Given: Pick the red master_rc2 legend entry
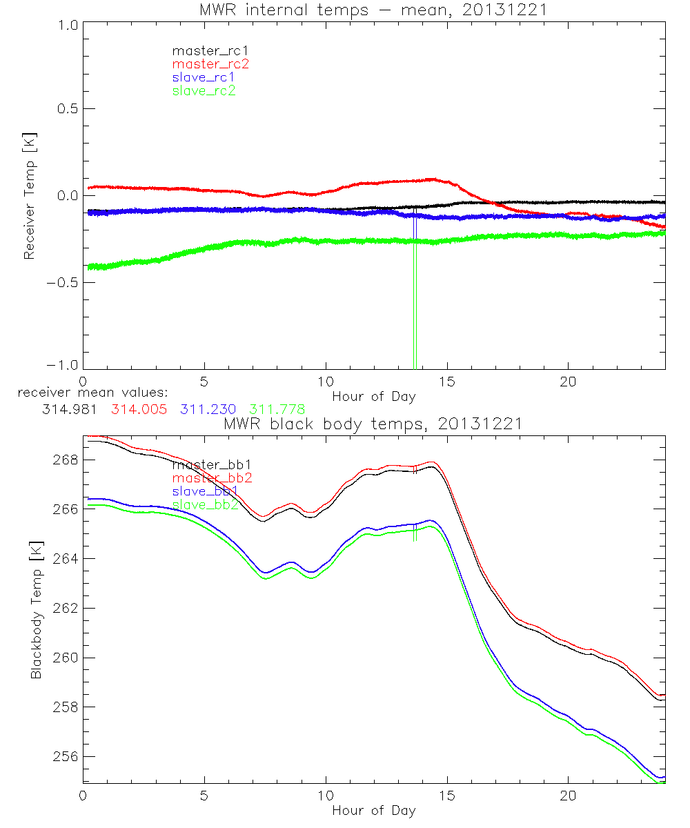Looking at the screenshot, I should coord(210,63).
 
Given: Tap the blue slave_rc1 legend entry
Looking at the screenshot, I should coord(204,77).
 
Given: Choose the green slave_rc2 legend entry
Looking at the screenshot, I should coord(204,90).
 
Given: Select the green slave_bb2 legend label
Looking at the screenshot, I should coord(206,505).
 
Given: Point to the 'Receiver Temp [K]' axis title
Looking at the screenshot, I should coord(29,196).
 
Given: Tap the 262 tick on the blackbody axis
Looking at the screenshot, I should coord(65,608).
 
